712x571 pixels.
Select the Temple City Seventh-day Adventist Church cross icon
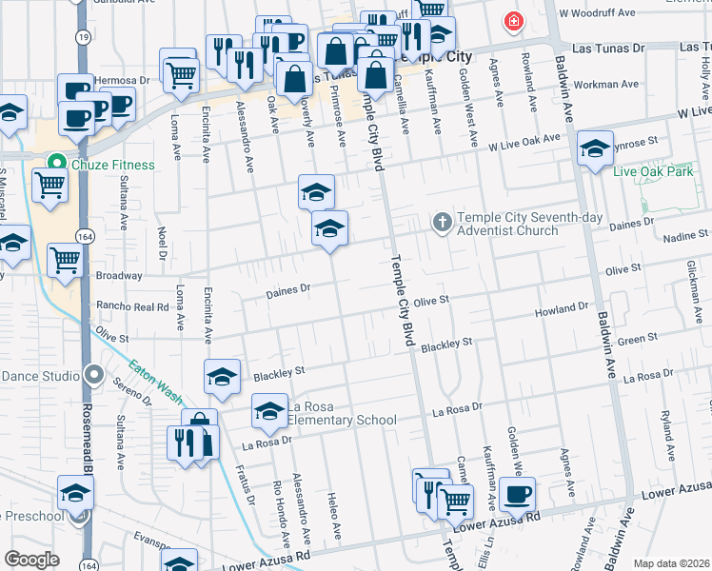click(x=442, y=222)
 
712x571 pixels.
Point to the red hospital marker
click(x=514, y=20)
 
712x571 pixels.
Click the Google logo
click(x=31, y=560)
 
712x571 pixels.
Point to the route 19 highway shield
click(x=85, y=36)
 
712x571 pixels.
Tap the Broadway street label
click(x=119, y=276)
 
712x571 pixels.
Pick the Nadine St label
click(x=685, y=234)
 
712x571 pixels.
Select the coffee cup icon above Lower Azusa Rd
click(x=518, y=493)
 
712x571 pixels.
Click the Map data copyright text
click(x=670, y=563)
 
